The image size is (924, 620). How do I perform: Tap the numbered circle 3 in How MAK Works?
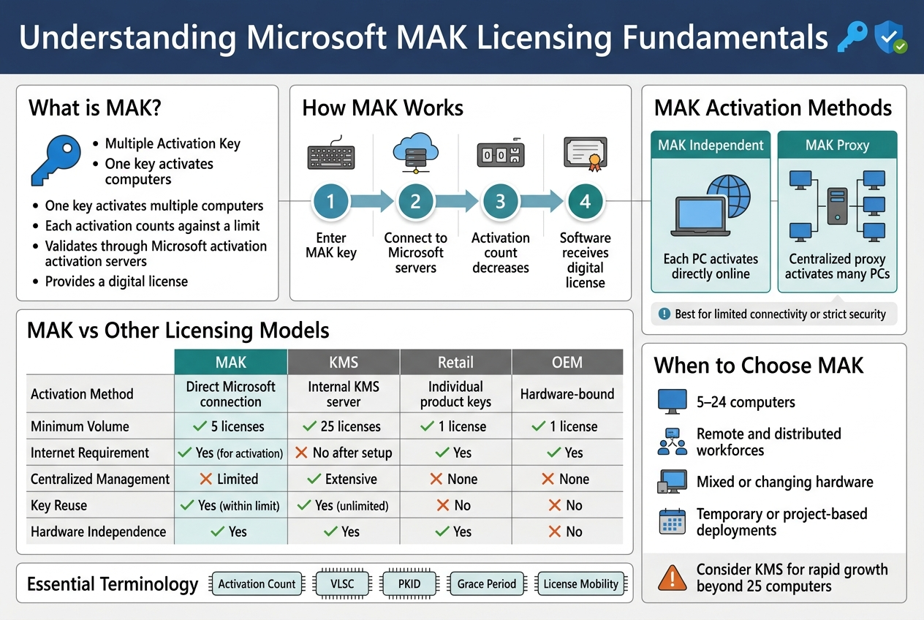click(501, 200)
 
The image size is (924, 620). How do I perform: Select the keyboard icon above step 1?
click(330, 156)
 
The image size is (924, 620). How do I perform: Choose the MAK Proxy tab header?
click(837, 145)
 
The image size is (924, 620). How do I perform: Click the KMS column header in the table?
click(344, 362)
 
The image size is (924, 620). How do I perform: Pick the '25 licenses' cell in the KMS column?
click(344, 426)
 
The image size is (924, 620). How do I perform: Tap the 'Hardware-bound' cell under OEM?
click(567, 394)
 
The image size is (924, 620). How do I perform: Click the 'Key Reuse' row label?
click(58, 505)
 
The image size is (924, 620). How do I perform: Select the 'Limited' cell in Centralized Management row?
click(230, 479)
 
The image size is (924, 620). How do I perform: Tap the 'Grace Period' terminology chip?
click(487, 583)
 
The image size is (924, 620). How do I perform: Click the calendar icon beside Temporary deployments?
click(672, 522)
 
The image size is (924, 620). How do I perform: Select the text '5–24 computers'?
click(746, 402)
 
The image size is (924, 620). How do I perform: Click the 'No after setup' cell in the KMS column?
click(344, 453)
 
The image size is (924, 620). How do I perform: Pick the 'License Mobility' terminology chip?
click(581, 583)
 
